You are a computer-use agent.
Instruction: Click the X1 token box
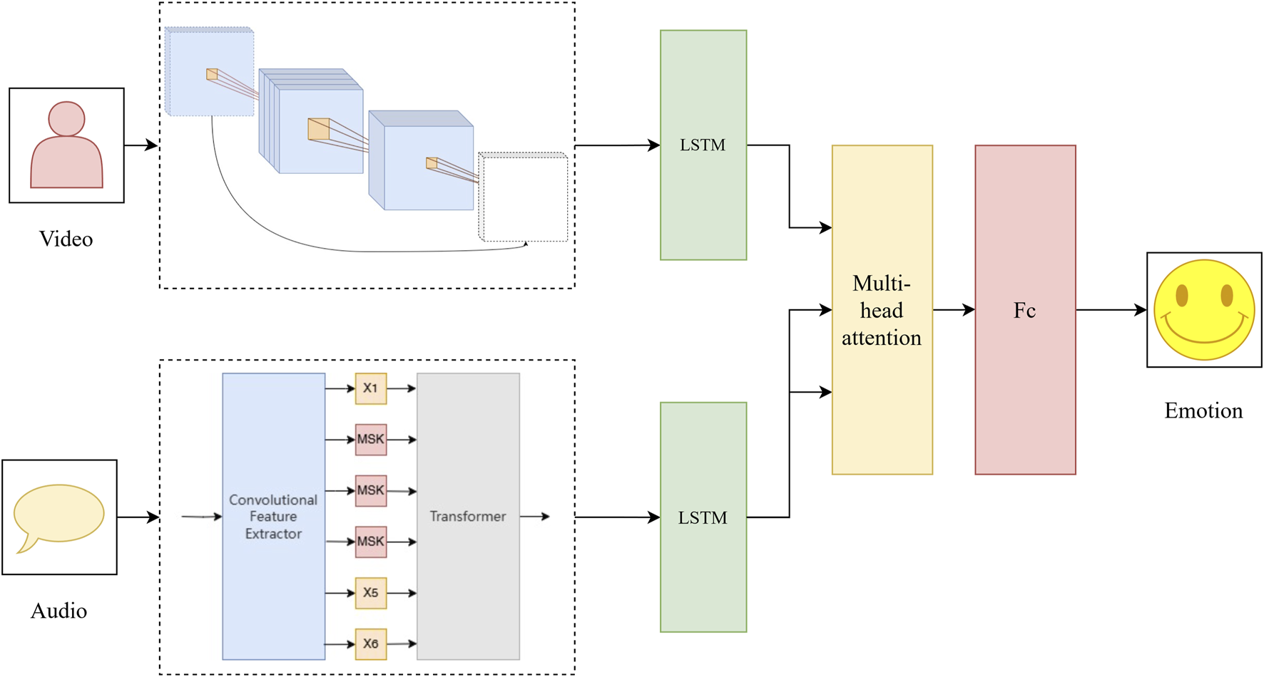pos(371,388)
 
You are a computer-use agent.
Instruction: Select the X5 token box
pos(371,593)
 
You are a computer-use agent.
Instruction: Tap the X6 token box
pos(371,644)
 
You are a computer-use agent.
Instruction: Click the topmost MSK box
pos(371,440)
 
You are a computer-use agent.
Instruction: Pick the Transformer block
pos(468,516)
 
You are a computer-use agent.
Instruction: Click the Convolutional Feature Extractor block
pos(273,516)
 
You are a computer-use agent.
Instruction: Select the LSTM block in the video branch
pos(703,145)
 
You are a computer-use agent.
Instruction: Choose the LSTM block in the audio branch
pos(703,517)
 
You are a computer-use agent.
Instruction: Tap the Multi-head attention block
pos(882,310)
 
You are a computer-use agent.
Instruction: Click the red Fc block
pos(1025,310)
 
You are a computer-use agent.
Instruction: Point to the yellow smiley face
pos(1204,310)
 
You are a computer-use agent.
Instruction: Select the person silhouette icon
pos(66,145)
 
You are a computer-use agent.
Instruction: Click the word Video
pos(66,239)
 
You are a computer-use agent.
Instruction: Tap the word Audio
pos(58,611)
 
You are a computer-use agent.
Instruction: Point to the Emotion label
pos(1203,410)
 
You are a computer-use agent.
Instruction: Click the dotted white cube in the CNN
pos(524,198)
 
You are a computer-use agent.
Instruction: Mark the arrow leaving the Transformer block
pos(535,516)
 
